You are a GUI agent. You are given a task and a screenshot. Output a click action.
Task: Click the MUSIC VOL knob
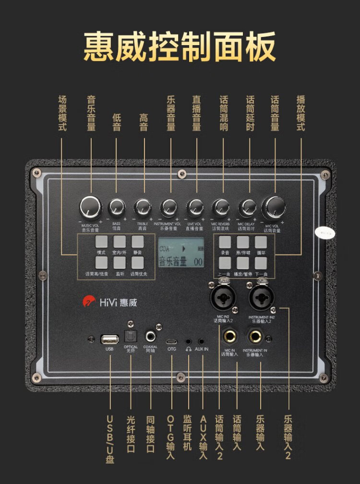click(91, 207)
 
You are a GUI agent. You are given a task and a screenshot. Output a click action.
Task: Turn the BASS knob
click(117, 207)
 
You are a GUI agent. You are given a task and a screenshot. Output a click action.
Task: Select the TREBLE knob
click(143, 207)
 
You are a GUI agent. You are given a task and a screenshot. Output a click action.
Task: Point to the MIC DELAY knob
click(248, 207)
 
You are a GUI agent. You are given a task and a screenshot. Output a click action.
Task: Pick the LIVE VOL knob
click(195, 207)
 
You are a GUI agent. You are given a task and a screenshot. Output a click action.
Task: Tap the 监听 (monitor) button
click(120, 262)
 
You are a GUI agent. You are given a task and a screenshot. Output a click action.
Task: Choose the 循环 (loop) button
click(261, 242)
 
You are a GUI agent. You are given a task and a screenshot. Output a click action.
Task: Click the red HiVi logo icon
click(89, 302)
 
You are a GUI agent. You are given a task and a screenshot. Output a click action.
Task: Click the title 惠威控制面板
click(180, 47)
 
